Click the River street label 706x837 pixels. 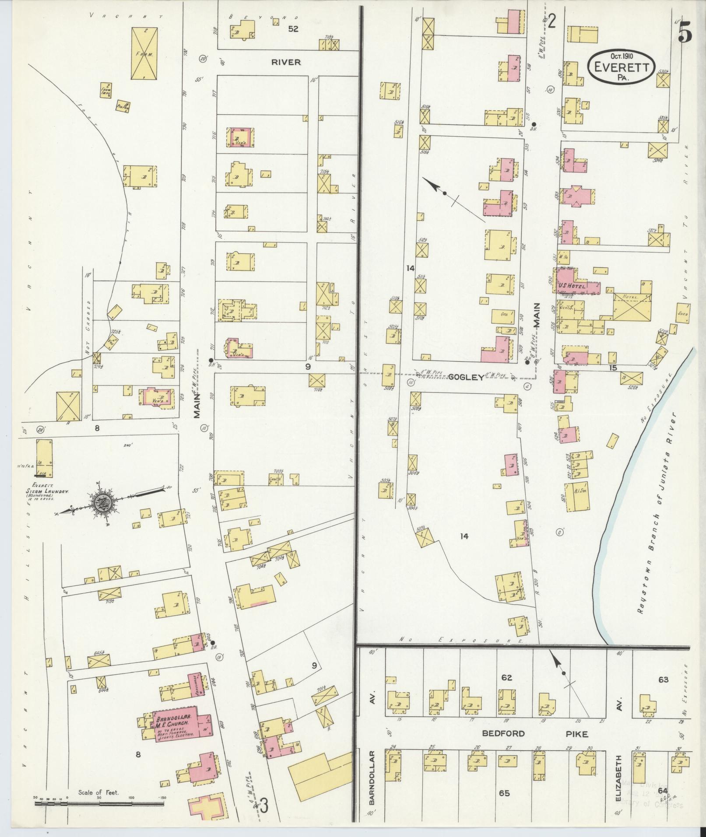pyautogui.click(x=286, y=62)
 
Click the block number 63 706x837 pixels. pyautogui.click(x=663, y=679)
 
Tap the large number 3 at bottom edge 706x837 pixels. pyautogui.click(x=263, y=816)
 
